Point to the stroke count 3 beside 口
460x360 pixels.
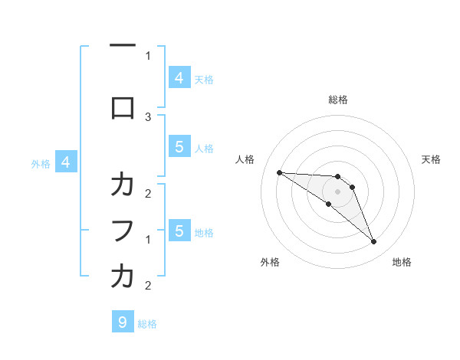tap(148, 116)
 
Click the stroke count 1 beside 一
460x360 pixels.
tap(148, 55)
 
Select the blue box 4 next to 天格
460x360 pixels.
tap(179, 78)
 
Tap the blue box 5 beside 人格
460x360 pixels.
tap(179, 147)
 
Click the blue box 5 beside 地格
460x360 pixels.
tap(179, 231)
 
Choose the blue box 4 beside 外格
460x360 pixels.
tap(66, 162)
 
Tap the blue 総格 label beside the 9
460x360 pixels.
tap(147, 324)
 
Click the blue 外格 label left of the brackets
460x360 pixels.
tap(41, 163)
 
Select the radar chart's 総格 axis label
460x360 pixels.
tap(337, 100)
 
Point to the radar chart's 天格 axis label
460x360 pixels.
tap(432, 159)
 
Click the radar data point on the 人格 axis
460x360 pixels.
tap(279, 172)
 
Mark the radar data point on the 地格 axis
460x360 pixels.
tap(373, 242)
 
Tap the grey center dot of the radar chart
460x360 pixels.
tap(337, 191)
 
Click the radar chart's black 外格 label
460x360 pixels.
tap(270, 262)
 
